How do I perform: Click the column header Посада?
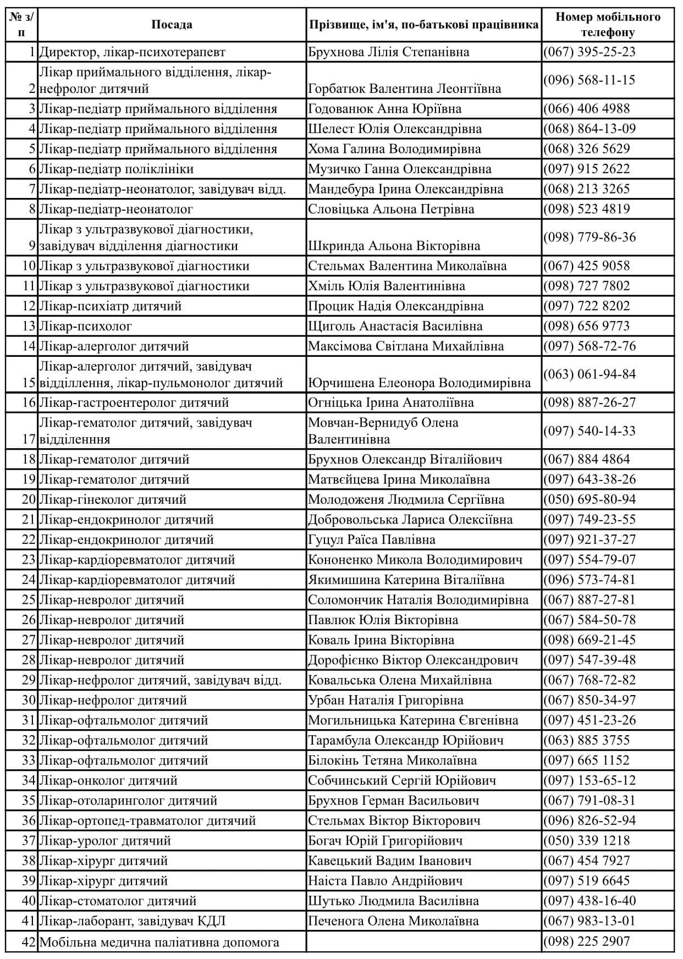click(x=172, y=25)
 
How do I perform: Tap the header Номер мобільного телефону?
click(x=608, y=25)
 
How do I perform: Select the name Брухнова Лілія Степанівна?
click(x=389, y=52)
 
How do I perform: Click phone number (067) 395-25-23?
click(x=590, y=52)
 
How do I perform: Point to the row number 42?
click(x=29, y=942)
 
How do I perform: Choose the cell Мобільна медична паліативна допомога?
click(x=159, y=942)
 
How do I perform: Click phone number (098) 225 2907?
click(x=586, y=941)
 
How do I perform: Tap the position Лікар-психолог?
click(x=86, y=326)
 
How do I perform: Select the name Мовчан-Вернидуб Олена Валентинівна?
click(x=383, y=431)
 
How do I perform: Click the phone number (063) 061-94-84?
click(x=590, y=374)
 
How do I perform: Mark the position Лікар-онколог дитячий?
click(x=108, y=780)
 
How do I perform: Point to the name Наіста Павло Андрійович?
click(x=385, y=881)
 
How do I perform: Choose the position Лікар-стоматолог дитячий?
click(x=118, y=901)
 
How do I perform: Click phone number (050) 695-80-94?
click(x=590, y=500)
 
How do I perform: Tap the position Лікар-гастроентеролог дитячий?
click(x=134, y=403)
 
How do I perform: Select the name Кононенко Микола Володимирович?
click(x=415, y=560)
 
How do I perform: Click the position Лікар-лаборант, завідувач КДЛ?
click(x=133, y=921)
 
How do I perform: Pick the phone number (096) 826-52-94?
click(x=590, y=820)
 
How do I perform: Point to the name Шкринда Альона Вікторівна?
click(x=394, y=246)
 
